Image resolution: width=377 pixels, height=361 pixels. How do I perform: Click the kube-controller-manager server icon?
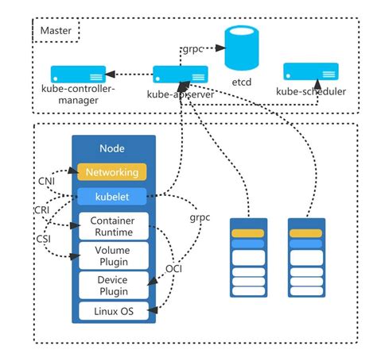(x=78, y=75)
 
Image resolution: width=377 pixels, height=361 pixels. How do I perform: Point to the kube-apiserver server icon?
(x=180, y=75)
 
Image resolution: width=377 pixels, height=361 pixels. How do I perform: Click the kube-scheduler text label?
(x=311, y=91)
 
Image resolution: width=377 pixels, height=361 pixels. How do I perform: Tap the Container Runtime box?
(x=112, y=226)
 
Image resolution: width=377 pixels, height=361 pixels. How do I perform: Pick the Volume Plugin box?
(x=112, y=255)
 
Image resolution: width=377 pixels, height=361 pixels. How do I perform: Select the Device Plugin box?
(x=112, y=285)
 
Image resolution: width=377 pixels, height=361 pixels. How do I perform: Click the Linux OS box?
(x=112, y=310)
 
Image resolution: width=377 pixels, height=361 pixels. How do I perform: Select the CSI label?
(x=44, y=237)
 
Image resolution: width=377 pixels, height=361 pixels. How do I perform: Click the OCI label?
(x=173, y=269)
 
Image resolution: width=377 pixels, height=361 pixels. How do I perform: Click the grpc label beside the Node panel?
(x=200, y=215)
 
